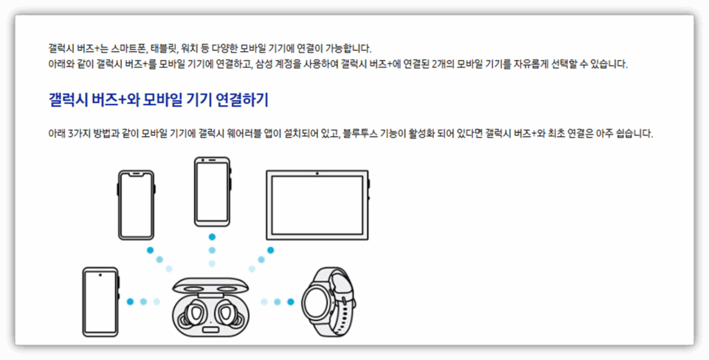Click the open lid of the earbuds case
(x=209, y=287)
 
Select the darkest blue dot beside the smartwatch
(x=291, y=302)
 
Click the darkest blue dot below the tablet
(x=271, y=250)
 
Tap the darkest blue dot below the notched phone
(x=150, y=250)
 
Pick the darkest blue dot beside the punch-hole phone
(x=130, y=302)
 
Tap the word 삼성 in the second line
(x=267, y=64)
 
